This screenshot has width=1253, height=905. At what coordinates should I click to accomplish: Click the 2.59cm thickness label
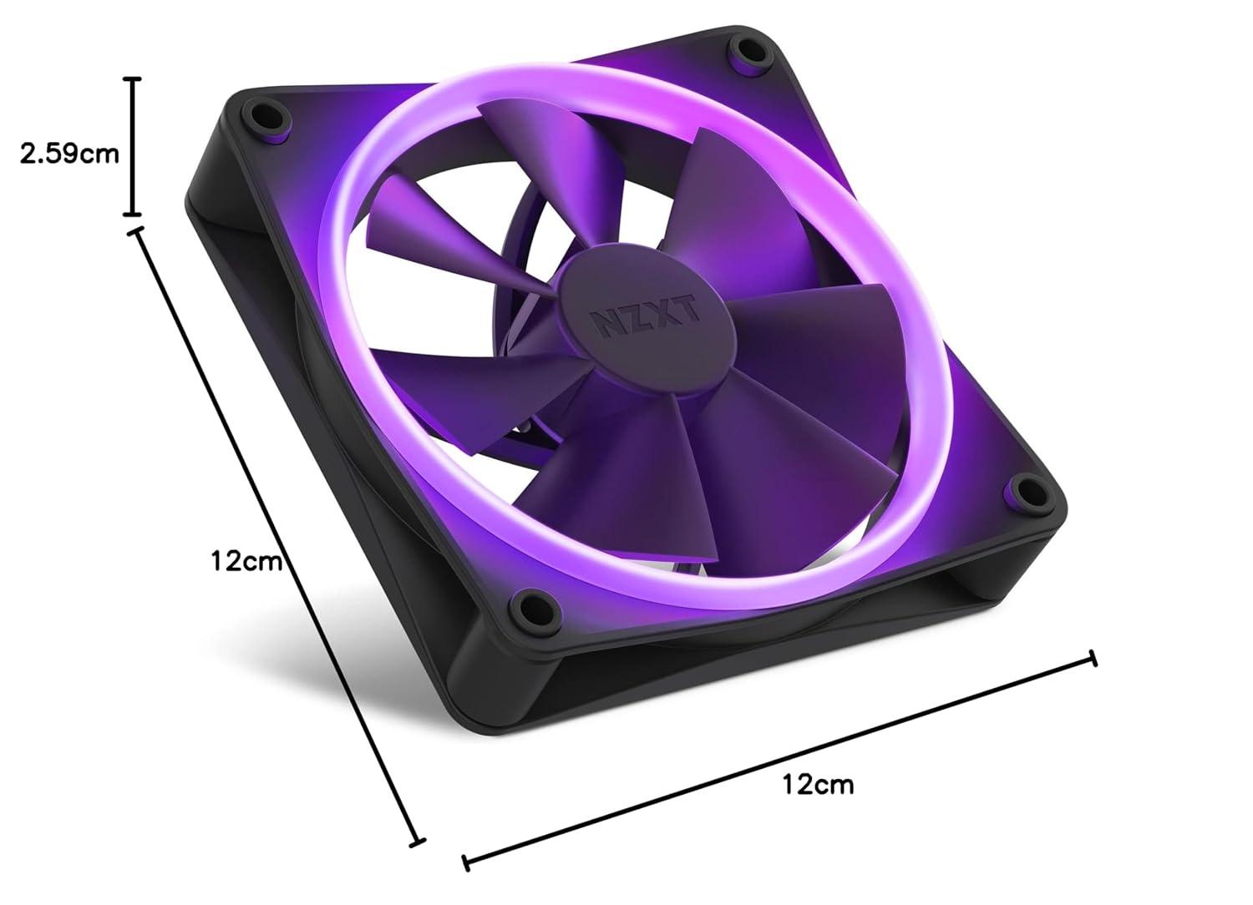pyautogui.click(x=70, y=154)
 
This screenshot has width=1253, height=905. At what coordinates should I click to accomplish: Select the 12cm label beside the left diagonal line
pyautogui.click(x=246, y=559)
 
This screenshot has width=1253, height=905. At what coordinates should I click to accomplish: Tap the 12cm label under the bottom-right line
pyautogui.click(x=818, y=784)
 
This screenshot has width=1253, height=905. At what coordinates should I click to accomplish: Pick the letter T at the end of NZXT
pyautogui.click(x=688, y=308)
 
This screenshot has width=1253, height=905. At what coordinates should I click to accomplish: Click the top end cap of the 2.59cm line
pyautogui.click(x=132, y=79)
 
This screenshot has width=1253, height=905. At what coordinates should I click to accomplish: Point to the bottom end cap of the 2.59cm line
pyautogui.click(x=132, y=215)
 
